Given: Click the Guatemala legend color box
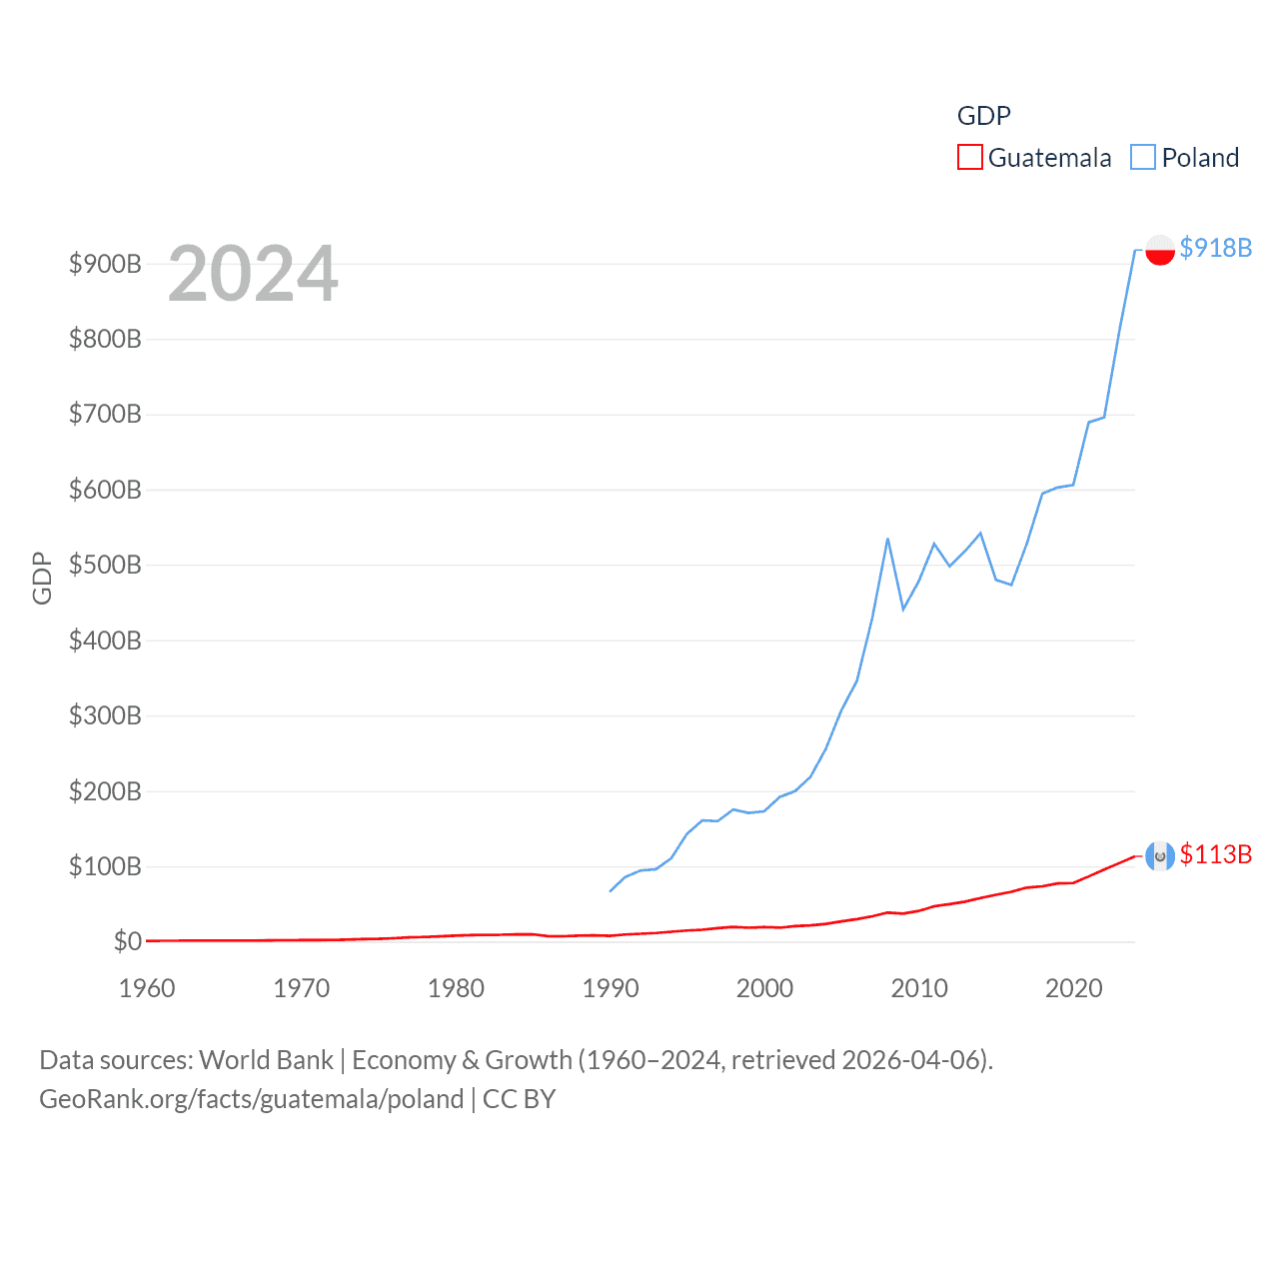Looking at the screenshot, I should (x=969, y=158).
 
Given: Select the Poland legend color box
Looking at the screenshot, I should (x=1143, y=158).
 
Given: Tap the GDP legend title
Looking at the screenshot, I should (x=983, y=116).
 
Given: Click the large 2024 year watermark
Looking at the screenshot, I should (x=253, y=274).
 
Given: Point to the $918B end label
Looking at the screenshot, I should (x=1215, y=248).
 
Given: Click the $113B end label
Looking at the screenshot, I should (x=1215, y=854).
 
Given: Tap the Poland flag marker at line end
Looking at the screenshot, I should (x=1159, y=250).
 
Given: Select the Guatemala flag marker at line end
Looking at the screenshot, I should (x=1159, y=856).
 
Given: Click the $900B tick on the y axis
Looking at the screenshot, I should (x=105, y=264).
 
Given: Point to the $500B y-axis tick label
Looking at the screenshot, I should (x=105, y=565).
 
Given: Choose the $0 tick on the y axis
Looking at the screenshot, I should (x=127, y=941).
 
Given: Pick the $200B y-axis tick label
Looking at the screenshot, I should (x=105, y=791).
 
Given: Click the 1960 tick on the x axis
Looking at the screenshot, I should (x=147, y=988).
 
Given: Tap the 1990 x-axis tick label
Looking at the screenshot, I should (x=611, y=988).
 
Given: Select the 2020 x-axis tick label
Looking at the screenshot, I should (x=1073, y=988).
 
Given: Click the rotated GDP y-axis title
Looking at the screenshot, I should (x=42, y=578).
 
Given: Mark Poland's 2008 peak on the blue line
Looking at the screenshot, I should (x=887, y=540).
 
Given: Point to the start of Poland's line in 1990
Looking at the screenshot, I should (x=611, y=890).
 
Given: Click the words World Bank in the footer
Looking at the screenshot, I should (x=266, y=1059).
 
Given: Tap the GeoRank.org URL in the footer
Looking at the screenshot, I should (x=251, y=1099).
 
